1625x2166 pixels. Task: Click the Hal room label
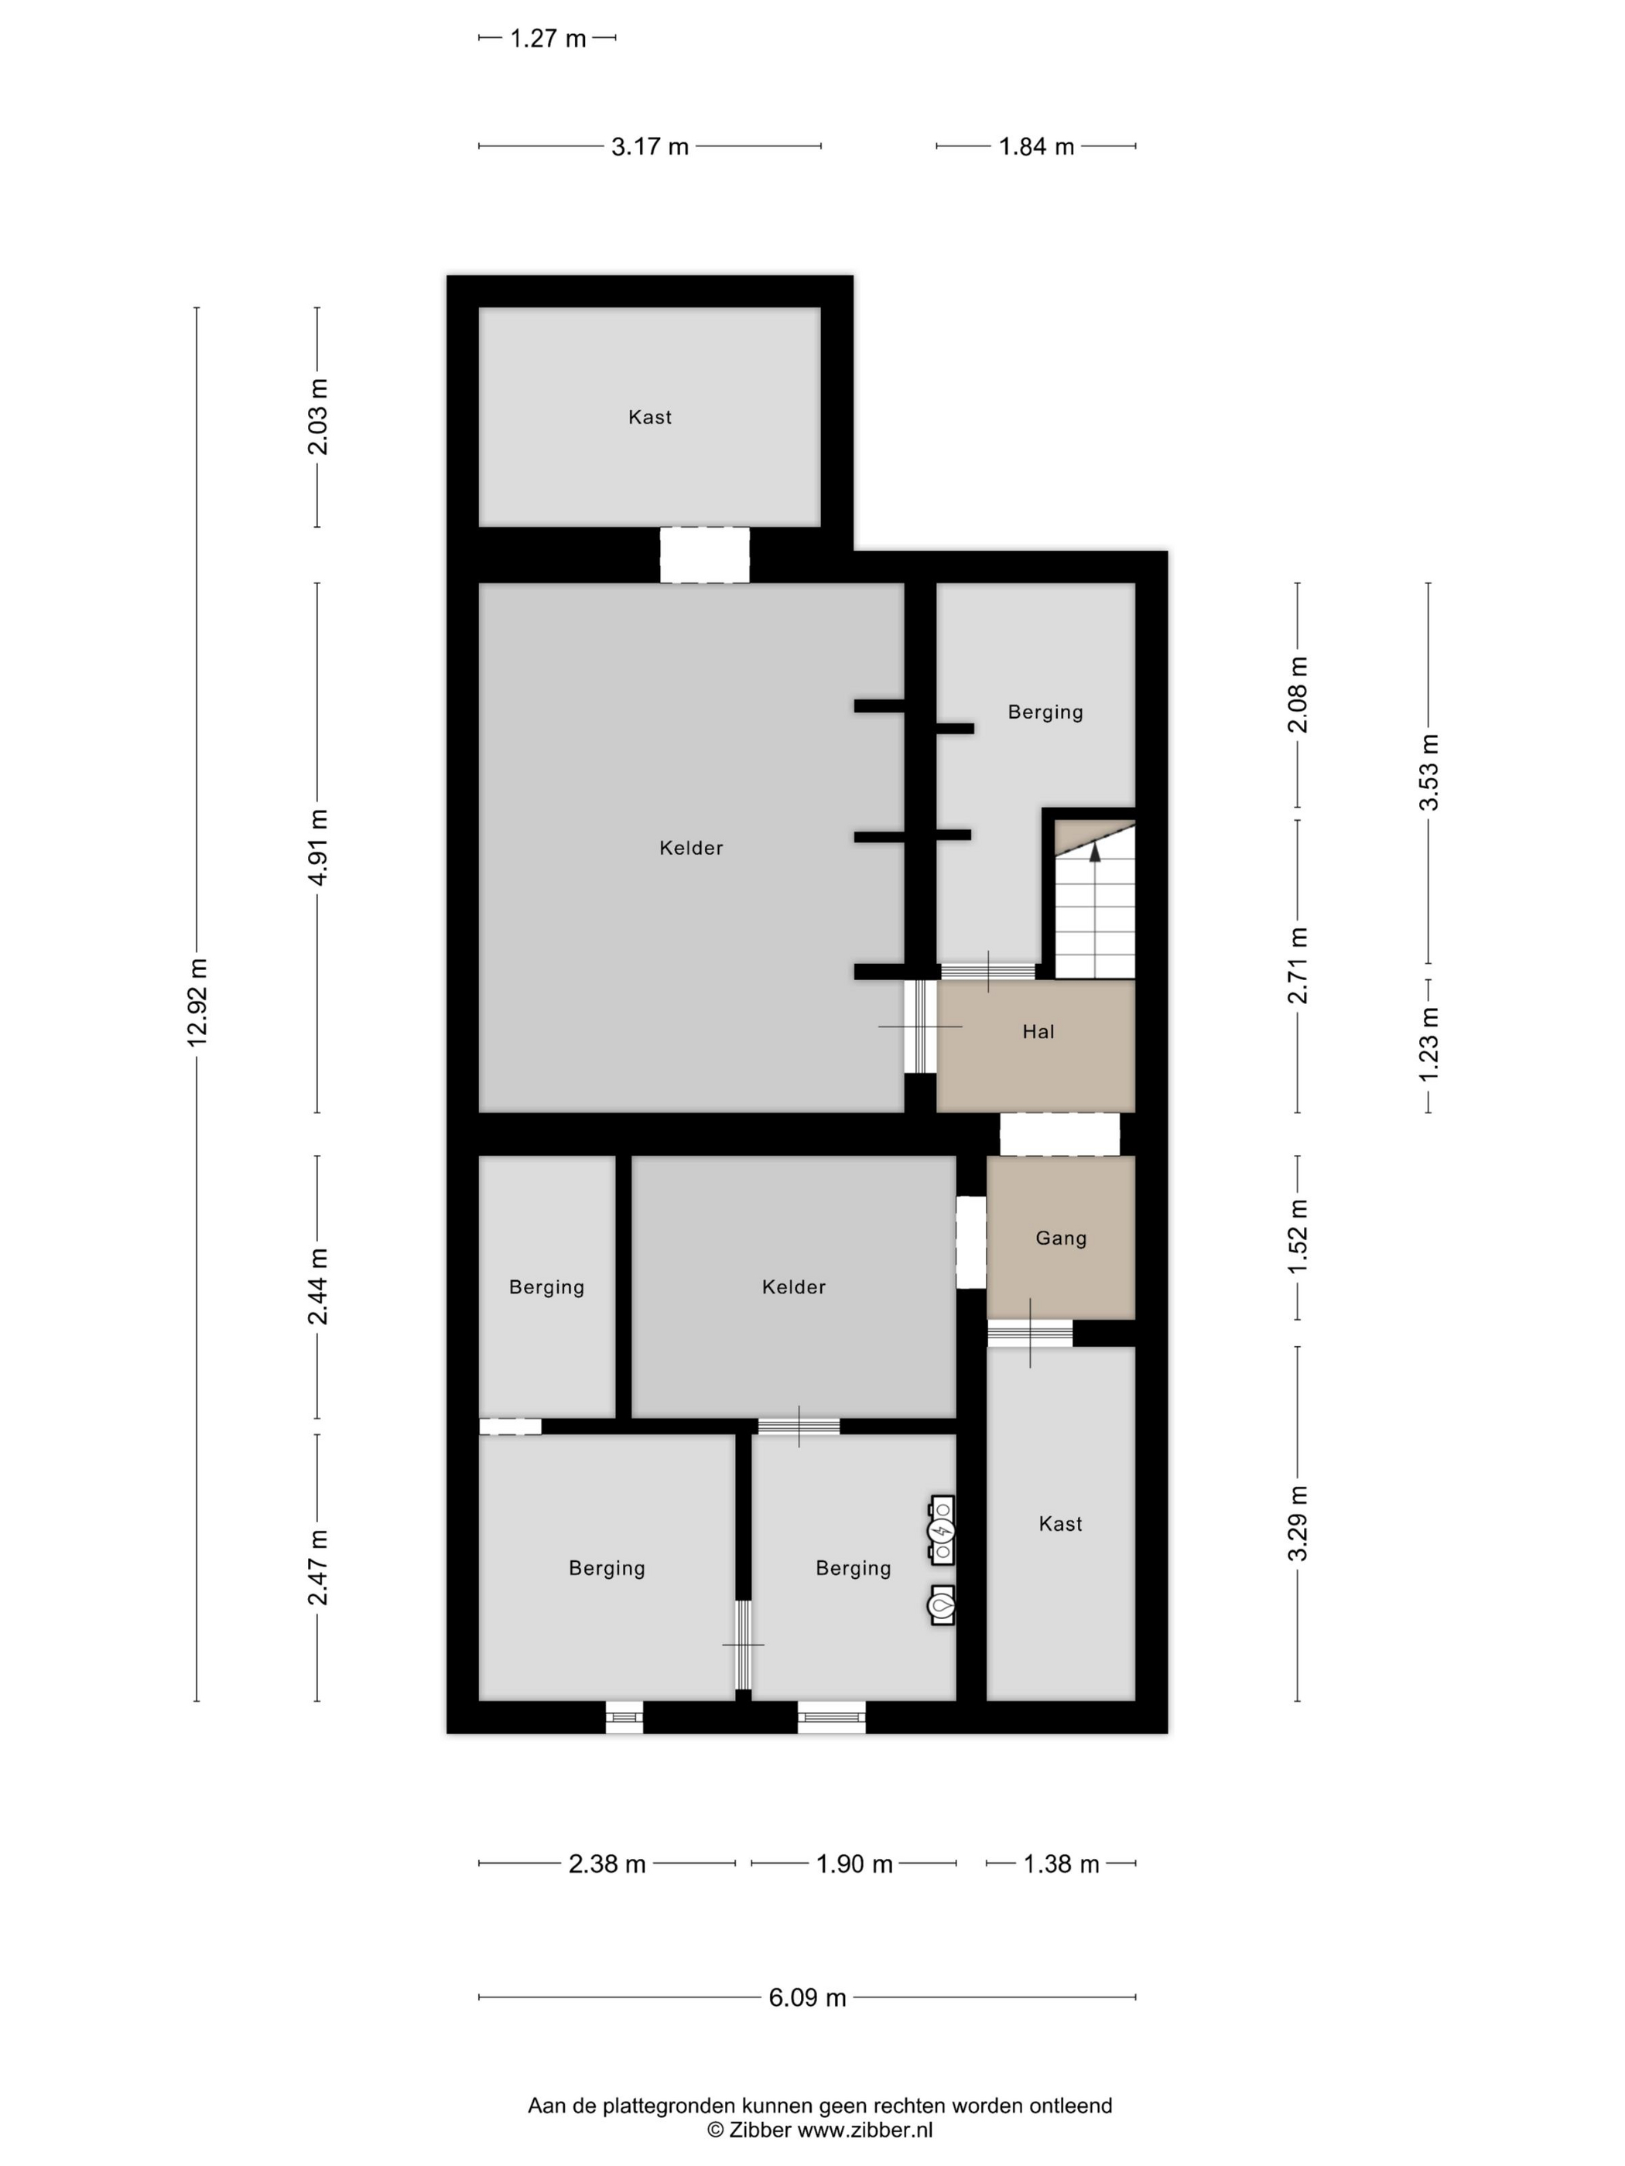click(x=1038, y=1031)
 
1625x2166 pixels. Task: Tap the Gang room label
click(x=1061, y=1238)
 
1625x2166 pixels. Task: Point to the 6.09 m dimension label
click(x=807, y=1997)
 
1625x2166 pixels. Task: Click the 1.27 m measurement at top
click(x=548, y=38)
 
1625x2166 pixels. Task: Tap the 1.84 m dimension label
click(x=1036, y=147)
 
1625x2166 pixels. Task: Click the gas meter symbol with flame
click(x=941, y=1606)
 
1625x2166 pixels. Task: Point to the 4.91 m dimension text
click(x=318, y=848)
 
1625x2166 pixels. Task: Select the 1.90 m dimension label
click(x=854, y=1864)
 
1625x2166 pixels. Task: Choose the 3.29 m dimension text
click(x=1298, y=1524)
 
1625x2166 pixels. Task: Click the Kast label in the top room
click(x=649, y=417)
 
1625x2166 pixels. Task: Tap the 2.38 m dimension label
click(x=607, y=1864)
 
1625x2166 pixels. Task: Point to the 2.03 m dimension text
click(x=318, y=417)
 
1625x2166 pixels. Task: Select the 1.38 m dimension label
click(x=1061, y=1864)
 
